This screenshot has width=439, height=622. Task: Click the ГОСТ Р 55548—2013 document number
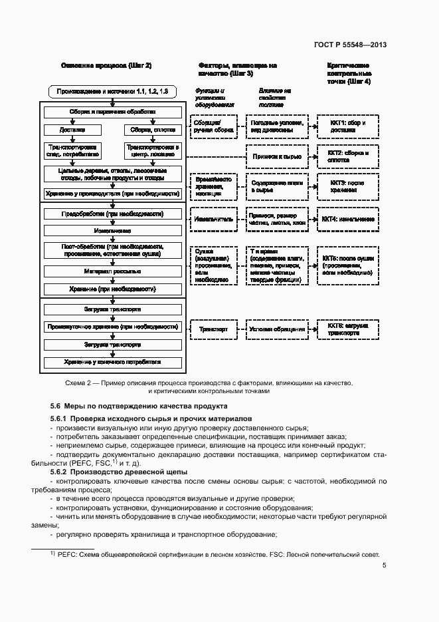pyautogui.click(x=350, y=45)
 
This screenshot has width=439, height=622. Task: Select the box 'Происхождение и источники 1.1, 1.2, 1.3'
pyautogui.click(x=112, y=90)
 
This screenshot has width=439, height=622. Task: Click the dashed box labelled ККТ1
pyautogui.click(x=349, y=127)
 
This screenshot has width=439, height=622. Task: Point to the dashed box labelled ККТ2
pyautogui.click(x=349, y=156)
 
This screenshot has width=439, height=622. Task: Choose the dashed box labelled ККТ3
pyautogui.click(x=349, y=186)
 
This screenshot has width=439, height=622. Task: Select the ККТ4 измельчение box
pyautogui.click(x=349, y=219)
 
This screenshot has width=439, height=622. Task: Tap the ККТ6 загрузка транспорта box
pyautogui.click(x=349, y=329)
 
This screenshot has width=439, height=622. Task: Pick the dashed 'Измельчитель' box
pyautogui.click(x=212, y=219)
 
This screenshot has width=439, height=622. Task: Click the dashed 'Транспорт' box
pyautogui.click(x=212, y=329)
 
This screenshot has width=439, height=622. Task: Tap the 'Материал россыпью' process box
pyautogui.click(x=112, y=271)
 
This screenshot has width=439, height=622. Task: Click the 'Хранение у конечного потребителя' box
pyautogui.click(x=112, y=363)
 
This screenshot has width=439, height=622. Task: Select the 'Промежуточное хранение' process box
pyautogui.click(x=112, y=327)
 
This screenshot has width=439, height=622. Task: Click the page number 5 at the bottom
pyautogui.click(x=384, y=565)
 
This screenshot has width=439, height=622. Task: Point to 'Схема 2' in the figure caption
pyautogui.click(x=78, y=384)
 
